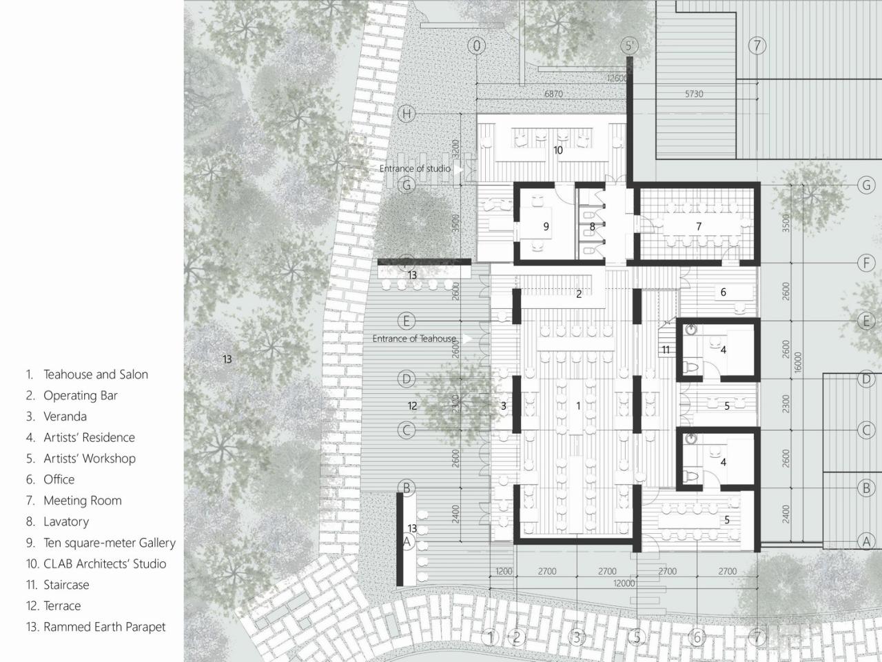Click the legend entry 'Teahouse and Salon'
pyautogui.click(x=95, y=374)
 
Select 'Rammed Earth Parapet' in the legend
pyautogui.click(x=104, y=627)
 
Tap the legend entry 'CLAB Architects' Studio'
pyautogui.click(x=104, y=564)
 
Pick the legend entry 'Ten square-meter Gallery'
pyautogui.click(x=109, y=543)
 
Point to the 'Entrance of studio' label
pyautogui.click(x=415, y=168)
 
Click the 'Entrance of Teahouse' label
pyautogui.click(x=414, y=339)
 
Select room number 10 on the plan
pyautogui.click(x=558, y=150)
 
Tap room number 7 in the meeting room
pyautogui.click(x=699, y=226)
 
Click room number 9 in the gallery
pyautogui.click(x=546, y=226)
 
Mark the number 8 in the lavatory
pyautogui.click(x=592, y=226)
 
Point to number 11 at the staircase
pyautogui.click(x=666, y=350)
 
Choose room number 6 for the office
pyautogui.click(x=723, y=292)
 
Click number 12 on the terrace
pyautogui.click(x=412, y=406)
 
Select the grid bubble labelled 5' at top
pyautogui.click(x=629, y=46)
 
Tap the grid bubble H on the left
pyautogui.click(x=407, y=114)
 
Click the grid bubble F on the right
pyautogui.click(x=866, y=263)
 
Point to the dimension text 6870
pyautogui.click(x=554, y=94)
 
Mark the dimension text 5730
pyautogui.click(x=694, y=94)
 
